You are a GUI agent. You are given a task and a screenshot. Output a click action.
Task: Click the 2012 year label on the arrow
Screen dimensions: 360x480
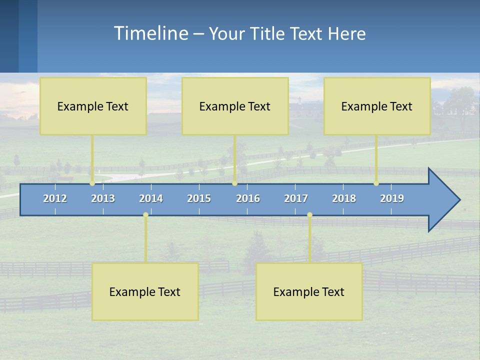(x=55, y=198)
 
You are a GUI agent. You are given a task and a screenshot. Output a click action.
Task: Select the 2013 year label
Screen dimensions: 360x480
(x=103, y=198)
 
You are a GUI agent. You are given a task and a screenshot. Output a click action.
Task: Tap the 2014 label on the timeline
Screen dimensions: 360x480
(x=151, y=198)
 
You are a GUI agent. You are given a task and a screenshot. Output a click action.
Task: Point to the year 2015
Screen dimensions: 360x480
(x=199, y=198)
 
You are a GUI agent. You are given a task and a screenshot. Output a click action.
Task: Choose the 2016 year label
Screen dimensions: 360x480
(x=248, y=198)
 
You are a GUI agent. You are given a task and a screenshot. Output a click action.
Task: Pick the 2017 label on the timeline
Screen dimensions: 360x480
(x=296, y=198)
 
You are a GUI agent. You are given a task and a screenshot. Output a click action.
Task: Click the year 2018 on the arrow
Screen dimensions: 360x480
(x=344, y=198)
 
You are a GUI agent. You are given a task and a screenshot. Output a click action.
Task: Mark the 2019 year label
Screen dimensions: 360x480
(x=392, y=198)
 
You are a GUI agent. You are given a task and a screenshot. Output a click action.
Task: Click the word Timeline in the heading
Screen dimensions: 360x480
(x=150, y=33)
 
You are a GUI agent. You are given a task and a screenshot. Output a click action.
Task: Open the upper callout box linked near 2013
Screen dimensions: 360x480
(x=93, y=106)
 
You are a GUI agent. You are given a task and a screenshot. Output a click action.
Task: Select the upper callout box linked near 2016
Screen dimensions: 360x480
(x=235, y=106)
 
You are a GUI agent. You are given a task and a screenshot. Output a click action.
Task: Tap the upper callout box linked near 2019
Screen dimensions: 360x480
(x=377, y=106)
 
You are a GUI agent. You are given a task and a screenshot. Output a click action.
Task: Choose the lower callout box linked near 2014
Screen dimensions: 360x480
(x=145, y=291)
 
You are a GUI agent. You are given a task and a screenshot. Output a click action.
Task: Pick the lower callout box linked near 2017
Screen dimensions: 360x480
(x=309, y=291)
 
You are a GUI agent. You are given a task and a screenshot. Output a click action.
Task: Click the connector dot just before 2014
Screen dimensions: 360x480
(x=145, y=214)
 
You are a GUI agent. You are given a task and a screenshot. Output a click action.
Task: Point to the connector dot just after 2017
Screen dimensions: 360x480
(x=309, y=214)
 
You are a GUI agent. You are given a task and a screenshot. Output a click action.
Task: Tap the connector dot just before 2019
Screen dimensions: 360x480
(x=376, y=183)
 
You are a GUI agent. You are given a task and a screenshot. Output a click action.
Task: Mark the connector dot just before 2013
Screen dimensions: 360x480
(x=92, y=183)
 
